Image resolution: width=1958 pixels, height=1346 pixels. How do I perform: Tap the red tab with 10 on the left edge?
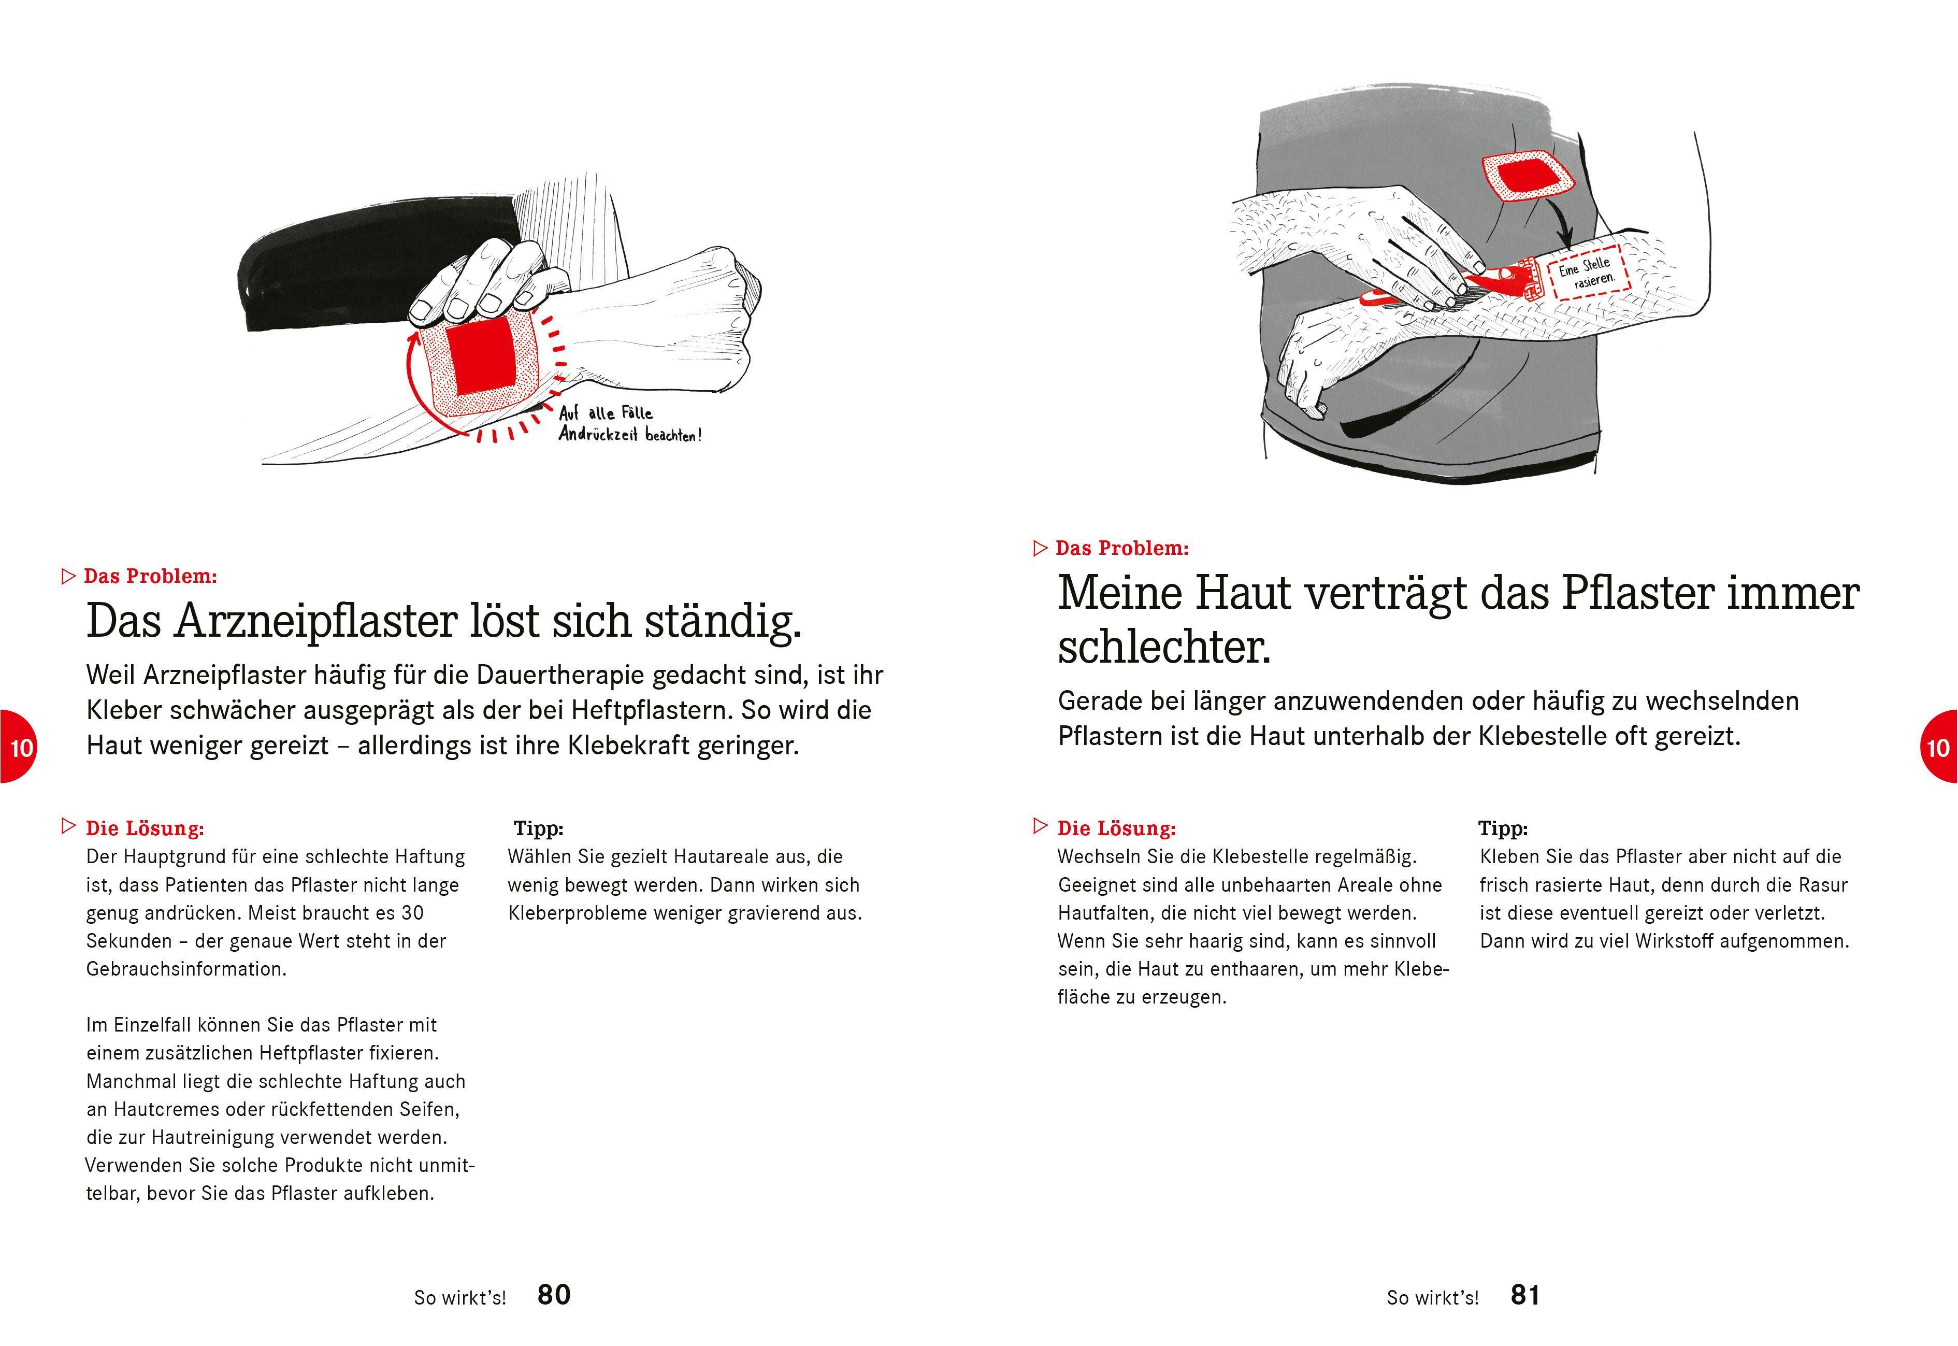(17, 747)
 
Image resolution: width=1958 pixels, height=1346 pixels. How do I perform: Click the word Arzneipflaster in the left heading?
(314, 622)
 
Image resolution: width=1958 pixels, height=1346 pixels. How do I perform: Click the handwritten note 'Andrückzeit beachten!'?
(629, 435)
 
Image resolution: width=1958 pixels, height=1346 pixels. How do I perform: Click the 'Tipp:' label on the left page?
(538, 828)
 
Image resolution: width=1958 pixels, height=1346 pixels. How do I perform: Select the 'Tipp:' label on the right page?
(1503, 828)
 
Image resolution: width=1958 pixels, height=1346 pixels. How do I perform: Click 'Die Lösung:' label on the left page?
(144, 828)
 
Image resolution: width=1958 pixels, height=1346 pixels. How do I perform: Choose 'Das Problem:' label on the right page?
(1121, 548)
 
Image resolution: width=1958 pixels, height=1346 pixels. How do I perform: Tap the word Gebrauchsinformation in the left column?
(185, 969)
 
